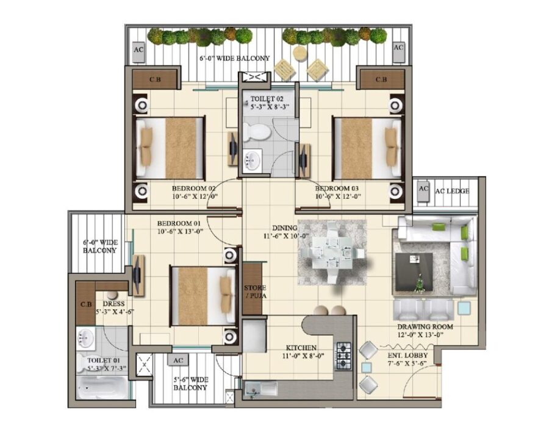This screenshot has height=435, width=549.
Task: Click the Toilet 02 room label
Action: point(269,102)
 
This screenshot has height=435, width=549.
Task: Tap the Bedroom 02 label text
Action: point(195,192)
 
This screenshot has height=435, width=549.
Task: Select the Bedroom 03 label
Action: point(337,192)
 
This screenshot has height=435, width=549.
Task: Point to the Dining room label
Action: point(285,232)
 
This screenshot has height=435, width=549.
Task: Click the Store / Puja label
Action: point(255,292)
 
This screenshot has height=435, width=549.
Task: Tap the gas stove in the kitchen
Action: point(343,356)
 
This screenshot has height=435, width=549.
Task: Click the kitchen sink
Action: point(261,389)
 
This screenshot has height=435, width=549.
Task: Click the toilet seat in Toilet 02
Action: point(257,132)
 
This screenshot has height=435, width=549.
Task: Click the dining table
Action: point(332,253)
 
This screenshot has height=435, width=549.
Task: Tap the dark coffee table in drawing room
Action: point(414,271)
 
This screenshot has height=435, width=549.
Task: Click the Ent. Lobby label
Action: point(407,359)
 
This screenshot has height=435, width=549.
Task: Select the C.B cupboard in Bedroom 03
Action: point(381,79)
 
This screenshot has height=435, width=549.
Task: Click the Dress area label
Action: point(114,307)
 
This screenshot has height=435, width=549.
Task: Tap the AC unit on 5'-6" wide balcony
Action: point(178,360)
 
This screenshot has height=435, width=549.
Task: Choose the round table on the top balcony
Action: point(300,54)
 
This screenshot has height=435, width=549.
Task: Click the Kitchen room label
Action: point(301,352)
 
